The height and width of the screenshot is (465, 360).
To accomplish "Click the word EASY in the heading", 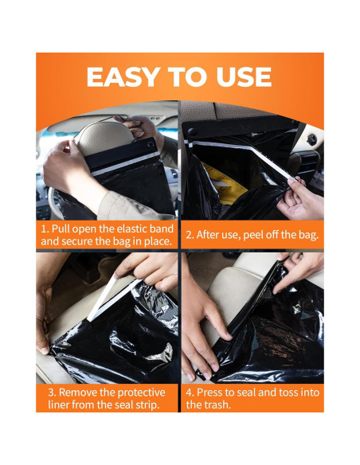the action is (123, 77).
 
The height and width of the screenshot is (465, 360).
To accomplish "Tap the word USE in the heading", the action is (244, 77).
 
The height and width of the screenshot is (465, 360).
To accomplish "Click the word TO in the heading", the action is (188, 77).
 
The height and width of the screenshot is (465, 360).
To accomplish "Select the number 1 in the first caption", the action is (45, 229).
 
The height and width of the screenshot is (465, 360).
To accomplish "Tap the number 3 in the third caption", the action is (52, 393).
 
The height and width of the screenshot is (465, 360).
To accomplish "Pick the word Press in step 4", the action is (209, 393).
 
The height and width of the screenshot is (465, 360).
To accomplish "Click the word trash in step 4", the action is (217, 404).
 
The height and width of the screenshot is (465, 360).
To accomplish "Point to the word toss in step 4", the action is (288, 393).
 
